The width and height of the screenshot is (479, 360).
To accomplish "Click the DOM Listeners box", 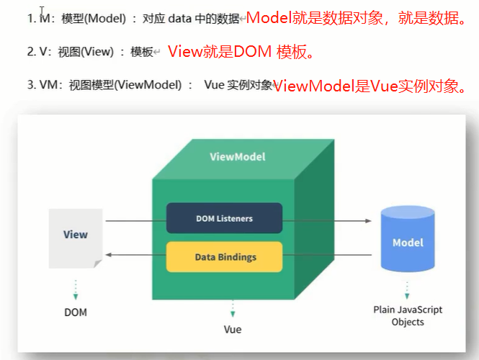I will coord(224,218).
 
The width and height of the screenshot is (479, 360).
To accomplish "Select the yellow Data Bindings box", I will coord(224,257).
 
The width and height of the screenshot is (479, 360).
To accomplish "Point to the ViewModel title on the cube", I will coord(237,156).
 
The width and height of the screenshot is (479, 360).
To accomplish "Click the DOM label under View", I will coord(75,312).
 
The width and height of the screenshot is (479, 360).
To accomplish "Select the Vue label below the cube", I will coord(232,330).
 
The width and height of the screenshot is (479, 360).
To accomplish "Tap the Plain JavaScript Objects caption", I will coord(408,315).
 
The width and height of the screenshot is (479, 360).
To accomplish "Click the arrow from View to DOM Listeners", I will coord(135,222).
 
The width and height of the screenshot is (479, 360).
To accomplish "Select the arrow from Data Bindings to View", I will coord(135,255).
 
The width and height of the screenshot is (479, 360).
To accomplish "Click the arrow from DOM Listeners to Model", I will coord(328,222).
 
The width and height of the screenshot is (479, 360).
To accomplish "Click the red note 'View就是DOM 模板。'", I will coord(241,52).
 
